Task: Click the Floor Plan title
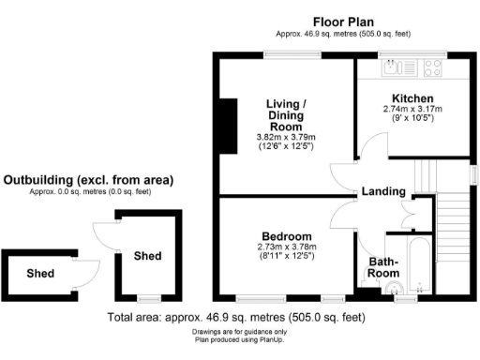click(343, 22)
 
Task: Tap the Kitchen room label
click(412, 98)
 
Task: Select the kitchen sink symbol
click(399, 67)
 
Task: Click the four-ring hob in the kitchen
click(433, 67)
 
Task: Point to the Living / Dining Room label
click(286, 115)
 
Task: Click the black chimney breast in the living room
click(229, 127)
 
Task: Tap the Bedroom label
click(287, 236)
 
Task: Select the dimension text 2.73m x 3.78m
click(287, 247)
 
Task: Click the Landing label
click(383, 191)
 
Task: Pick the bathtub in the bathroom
click(419, 265)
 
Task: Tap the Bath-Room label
click(383, 267)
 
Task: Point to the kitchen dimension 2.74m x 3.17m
click(412, 109)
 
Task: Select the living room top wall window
click(292, 55)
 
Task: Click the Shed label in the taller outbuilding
click(147, 256)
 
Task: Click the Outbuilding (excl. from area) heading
click(88, 180)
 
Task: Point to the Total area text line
click(236, 318)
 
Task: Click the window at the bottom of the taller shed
click(149, 299)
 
